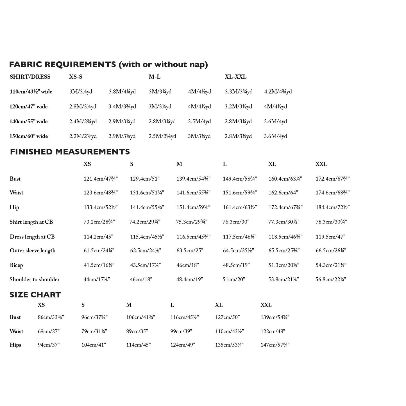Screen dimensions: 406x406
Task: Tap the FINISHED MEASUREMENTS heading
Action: click(x=70, y=152)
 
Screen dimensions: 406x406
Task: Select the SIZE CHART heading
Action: click(x=35, y=295)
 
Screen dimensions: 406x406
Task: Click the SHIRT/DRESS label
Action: click(x=30, y=77)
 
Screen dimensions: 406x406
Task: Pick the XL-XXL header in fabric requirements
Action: click(x=235, y=77)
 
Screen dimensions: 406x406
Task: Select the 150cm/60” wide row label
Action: click(x=29, y=136)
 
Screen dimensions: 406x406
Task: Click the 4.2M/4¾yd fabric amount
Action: click(x=278, y=92)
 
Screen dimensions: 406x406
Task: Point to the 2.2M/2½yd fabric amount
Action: click(x=83, y=136)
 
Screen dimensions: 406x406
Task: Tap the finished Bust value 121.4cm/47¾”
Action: click(x=101, y=179)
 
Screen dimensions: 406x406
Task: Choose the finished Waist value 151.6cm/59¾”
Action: click(x=240, y=193)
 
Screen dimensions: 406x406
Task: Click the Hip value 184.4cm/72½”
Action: click(x=332, y=207)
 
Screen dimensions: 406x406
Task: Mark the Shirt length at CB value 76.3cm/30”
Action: click(x=236, y=222)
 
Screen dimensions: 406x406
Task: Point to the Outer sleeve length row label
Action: click(x=33, y=251)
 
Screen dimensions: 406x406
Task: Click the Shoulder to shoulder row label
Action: click(x=35, y=279)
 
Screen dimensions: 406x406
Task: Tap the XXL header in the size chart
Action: click(x=266, y=305)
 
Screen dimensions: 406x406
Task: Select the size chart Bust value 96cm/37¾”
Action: click(x=94, y=317)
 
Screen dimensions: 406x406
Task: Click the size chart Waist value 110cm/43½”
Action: click(x=230, y=331)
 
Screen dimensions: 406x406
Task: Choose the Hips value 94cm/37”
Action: click(x=49, y=345)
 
